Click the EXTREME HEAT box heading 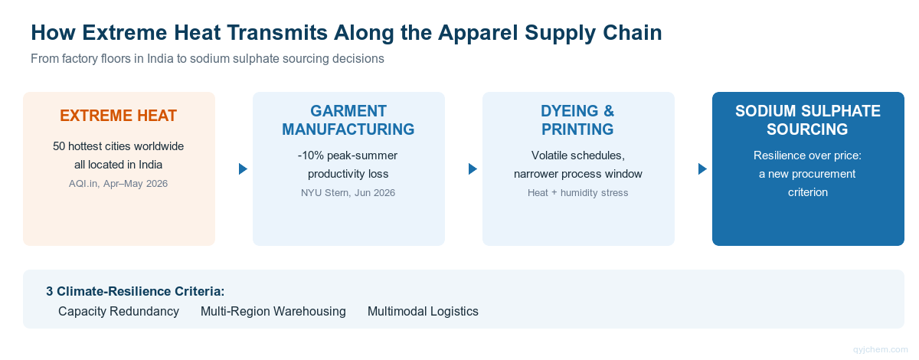tap(118, 116)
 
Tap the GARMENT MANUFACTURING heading tap(348, 120)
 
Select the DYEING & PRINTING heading tap(577, 120)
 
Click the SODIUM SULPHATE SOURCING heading tap(808, 120)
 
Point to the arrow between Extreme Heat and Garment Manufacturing tap(243, 169)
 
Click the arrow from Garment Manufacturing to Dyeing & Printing tap(473, 169)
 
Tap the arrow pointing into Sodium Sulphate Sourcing tap(702, 169)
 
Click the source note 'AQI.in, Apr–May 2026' tap(118, 184)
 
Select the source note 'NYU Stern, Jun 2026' tap(348, 193)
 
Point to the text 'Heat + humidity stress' tap(577, 193)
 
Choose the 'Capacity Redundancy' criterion tap(119, 311)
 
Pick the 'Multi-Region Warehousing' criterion tap(273, 311)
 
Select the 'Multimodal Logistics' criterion tap(423, 311)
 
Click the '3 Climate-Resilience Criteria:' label tap(136, 292)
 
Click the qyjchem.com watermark tap(881, 350)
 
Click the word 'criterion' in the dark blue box tap(808, 192)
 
